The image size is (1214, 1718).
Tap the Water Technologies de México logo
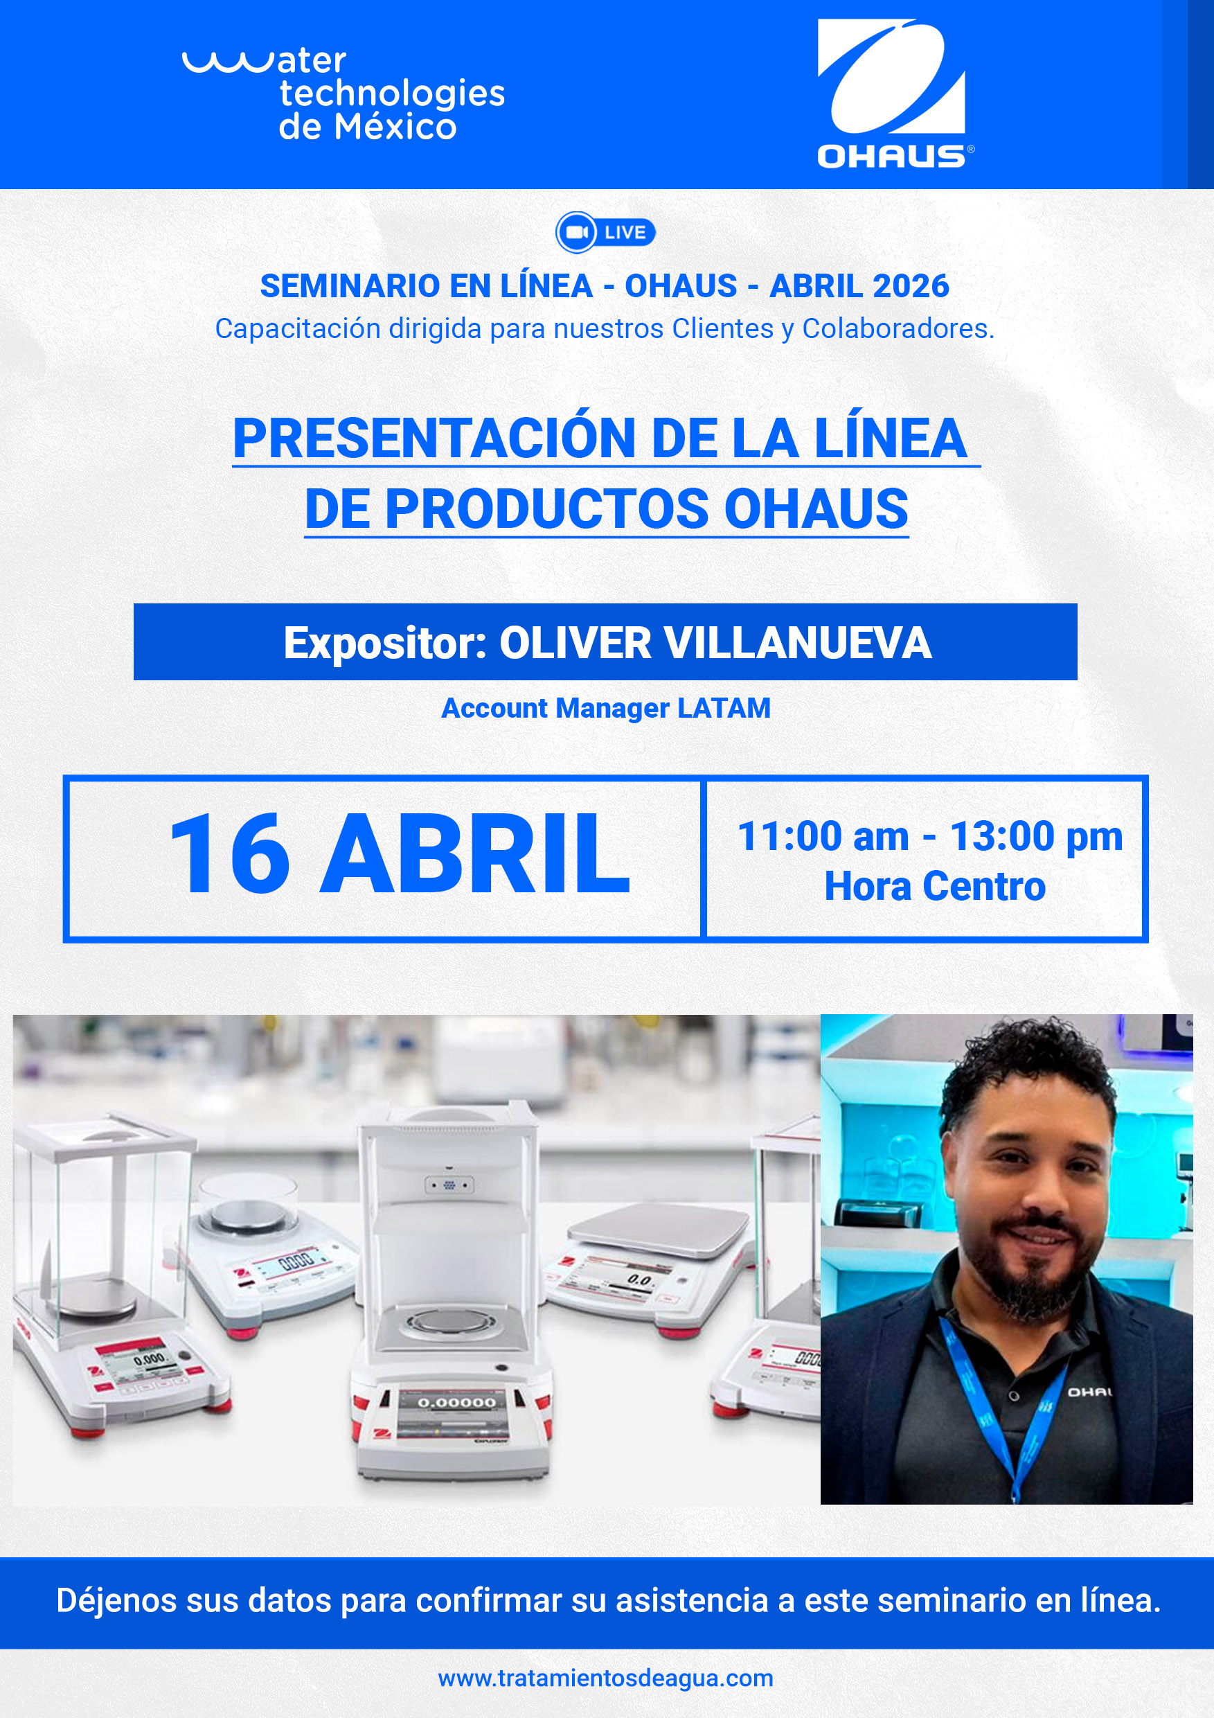click(x=343, y=94)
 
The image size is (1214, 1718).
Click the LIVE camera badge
click(x=605, y=233)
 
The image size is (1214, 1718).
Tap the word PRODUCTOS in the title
click(x=546, y=508)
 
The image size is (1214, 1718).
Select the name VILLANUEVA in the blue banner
click(x=797, y=642)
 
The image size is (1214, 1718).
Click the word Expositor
click(x=384, y=643)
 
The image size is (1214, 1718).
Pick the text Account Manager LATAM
click(x=606, y=708)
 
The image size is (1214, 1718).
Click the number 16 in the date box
click(x=230, y=855)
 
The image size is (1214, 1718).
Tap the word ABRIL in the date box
click(x=475, y=855)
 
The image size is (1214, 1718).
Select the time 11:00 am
click(x=823, y=836)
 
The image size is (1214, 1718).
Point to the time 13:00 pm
click(x=1036, y=836)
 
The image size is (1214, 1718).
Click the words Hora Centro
click(x=934, y=886)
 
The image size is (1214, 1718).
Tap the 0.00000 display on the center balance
click(x=456, y=1402)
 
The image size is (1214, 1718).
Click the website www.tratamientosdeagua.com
click(x=605, y=1679)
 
